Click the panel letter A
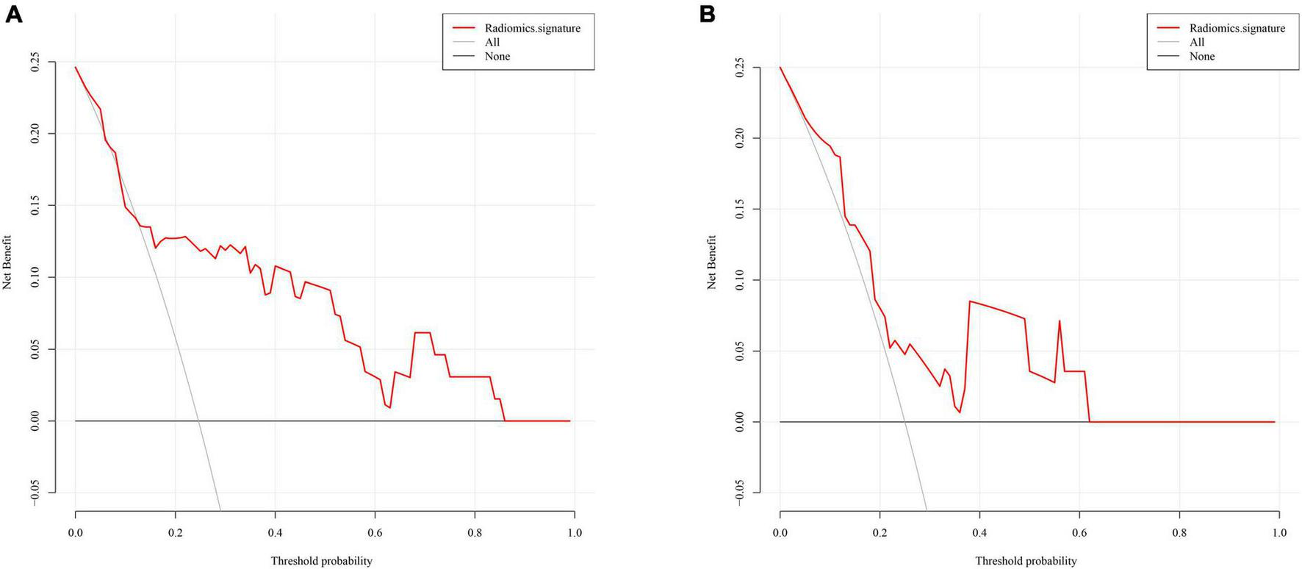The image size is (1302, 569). tap(14, 13)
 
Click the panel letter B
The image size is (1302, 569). tap(707, 13)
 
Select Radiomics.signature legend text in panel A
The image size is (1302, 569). tap(532, 28)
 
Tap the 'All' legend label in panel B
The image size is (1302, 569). tap(1197, 42)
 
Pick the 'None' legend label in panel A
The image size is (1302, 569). tap(497, 56)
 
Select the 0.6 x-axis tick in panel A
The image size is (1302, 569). tap(375, 533)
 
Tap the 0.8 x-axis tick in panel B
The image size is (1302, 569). tap(1179, 533)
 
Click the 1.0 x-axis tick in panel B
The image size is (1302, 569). tap(1279, 533)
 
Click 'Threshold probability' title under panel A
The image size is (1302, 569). tap(321, 561)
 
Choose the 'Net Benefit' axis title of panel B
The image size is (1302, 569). tap(711, 262)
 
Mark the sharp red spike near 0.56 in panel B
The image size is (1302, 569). tap(1060, 321)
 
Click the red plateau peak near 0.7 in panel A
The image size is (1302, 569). tap(422, 333)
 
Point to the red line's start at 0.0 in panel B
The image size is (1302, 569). tap(780, 68)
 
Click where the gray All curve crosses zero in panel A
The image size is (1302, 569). tap(198, 421)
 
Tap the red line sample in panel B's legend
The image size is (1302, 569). tap(1171, 28)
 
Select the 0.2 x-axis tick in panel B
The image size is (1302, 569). tap(880, 533)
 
